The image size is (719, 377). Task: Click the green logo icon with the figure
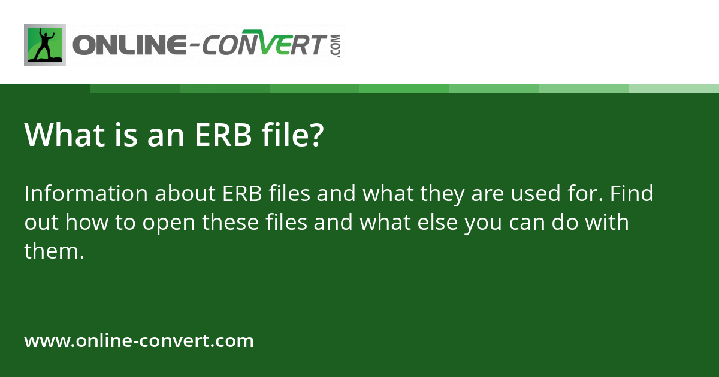(x=45, y=45)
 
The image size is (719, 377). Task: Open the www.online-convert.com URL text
(x=139, y=341)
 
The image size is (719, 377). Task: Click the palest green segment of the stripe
(x=674, y=88)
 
